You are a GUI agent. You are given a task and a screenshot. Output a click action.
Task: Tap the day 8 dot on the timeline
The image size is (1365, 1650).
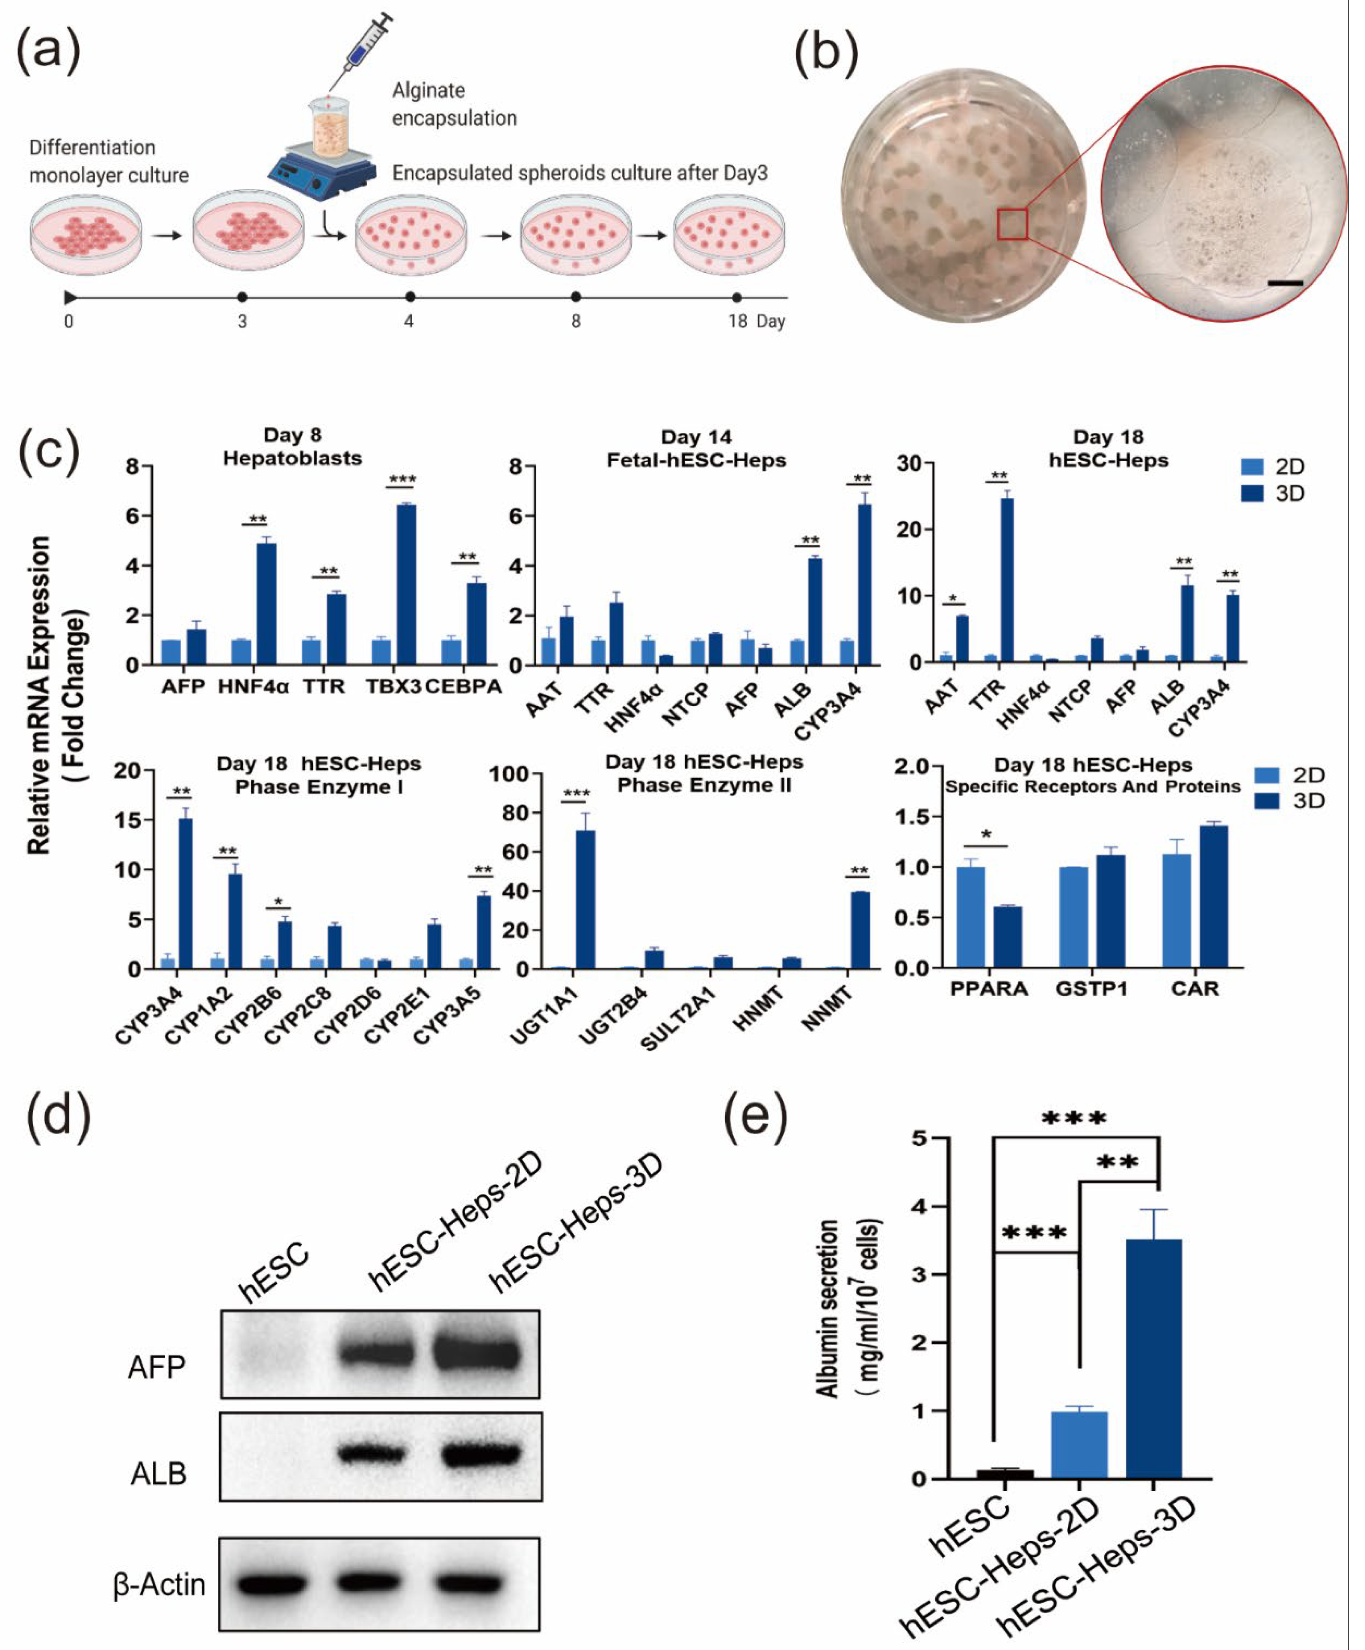576,297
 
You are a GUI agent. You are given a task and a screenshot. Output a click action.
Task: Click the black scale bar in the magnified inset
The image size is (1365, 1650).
1285,283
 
